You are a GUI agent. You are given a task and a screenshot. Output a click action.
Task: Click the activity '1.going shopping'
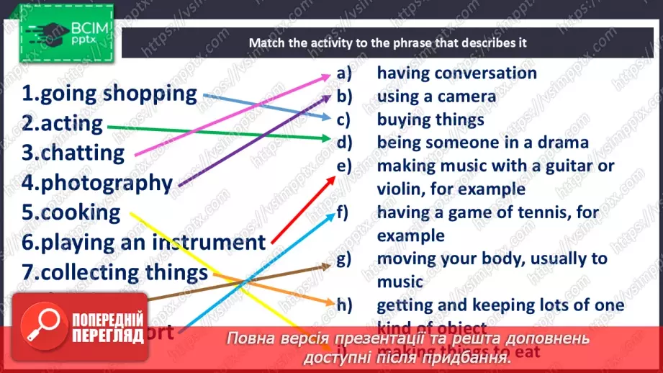(109, 94)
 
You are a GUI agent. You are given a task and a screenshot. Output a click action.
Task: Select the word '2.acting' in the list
(62, 123)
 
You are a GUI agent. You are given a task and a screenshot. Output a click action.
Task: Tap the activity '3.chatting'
(73, 153)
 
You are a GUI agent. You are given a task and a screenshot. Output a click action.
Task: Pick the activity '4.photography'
(97, 183)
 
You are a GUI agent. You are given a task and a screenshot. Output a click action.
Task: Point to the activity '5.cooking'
(71, 212)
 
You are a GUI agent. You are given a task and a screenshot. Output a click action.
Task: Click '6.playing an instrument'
(144, 243)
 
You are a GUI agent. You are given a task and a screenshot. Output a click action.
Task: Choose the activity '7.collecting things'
(114, 273)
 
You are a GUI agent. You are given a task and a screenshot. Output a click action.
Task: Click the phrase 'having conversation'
(456, 73)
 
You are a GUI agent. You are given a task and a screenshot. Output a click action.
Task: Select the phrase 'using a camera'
(436, 96)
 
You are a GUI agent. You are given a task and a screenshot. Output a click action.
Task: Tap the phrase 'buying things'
(430, 120)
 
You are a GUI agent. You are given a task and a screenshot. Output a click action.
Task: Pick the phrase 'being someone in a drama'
(482, 143)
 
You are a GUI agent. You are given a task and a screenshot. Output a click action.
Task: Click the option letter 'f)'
(343, 212)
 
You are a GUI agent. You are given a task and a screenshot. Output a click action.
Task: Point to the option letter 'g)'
(343, 259)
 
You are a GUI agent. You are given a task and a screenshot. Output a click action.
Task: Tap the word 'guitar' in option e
(567, 166)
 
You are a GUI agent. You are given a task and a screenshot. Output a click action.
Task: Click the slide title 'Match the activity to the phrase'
(387, 42)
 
